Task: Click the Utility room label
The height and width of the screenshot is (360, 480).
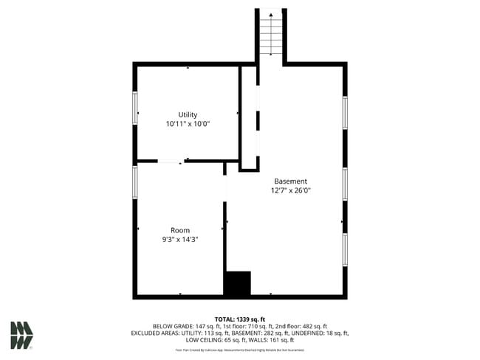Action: tap(188, 114)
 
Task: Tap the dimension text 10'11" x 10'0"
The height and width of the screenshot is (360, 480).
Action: tap(188, 124)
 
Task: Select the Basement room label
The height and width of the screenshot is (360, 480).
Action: tap(290, 181)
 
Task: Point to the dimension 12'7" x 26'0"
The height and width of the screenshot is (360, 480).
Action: tap(290, 191)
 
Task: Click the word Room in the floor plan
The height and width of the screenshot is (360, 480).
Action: tap(180, 230)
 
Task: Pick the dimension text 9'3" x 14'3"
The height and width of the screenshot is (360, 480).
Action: tap(180, 240)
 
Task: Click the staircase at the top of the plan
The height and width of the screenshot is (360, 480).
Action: tap(270, 33)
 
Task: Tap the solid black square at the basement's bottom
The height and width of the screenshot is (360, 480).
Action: tap(238, 284)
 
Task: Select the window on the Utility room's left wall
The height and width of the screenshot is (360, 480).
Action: tap(135, 108)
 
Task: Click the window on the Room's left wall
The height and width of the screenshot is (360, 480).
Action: tap(135, 192)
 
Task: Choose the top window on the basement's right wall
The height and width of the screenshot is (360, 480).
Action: tap(344, 112)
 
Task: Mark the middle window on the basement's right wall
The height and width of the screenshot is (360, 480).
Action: tap(344, 184)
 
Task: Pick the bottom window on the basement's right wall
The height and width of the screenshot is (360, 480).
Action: tap(344, 249)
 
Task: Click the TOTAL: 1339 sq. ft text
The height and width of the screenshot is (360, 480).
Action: tap(240, 318)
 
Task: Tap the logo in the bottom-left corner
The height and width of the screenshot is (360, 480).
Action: tap(21, 335)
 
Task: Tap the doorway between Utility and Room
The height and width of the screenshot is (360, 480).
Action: tap(171, 161)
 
